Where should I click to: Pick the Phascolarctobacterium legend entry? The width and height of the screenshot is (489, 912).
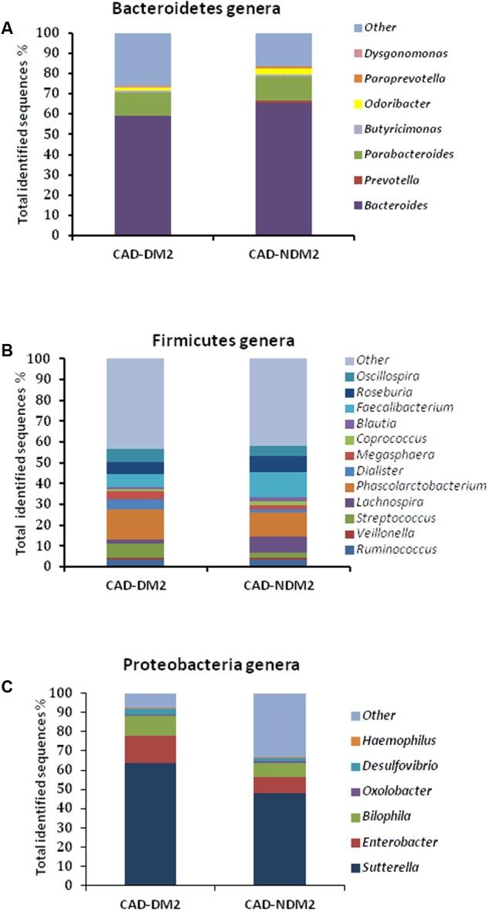(415, 486)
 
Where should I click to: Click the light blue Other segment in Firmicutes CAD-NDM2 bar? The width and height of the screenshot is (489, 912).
(278, 402)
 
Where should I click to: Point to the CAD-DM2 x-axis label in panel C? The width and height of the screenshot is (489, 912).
(149, 902)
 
